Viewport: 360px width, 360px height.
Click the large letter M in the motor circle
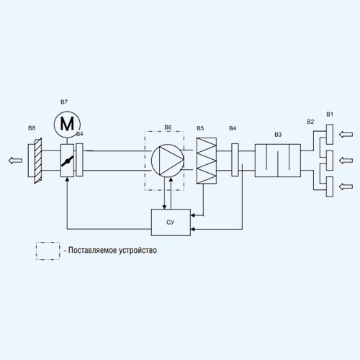coord(67,124)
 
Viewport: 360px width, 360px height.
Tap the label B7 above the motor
coord(64,102)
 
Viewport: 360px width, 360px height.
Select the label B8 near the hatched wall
coord(32,128)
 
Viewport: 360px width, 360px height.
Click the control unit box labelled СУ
coord(171,222)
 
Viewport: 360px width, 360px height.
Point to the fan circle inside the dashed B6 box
coord(168,161)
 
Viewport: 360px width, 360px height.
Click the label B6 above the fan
coord(168,127)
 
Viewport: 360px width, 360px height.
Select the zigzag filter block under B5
coord(207,161)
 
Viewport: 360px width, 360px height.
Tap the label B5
coord(200,128)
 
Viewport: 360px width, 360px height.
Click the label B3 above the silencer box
coord(278,135)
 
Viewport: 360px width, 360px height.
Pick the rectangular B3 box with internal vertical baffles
coord(278,161)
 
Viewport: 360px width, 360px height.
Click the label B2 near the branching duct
coord(310,122)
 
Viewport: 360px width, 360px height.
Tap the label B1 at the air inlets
coord(330,114)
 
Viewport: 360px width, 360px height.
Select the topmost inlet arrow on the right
coord(346,135)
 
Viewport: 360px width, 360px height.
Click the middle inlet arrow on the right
coord(346,161)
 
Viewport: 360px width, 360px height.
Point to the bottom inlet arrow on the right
coord(346,186)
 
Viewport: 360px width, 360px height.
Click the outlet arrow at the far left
coord(15,161)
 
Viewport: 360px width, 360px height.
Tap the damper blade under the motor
coord(67,161)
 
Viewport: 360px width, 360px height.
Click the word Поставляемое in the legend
coord(91,251)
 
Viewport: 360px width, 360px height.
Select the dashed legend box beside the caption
coord(48,251)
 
